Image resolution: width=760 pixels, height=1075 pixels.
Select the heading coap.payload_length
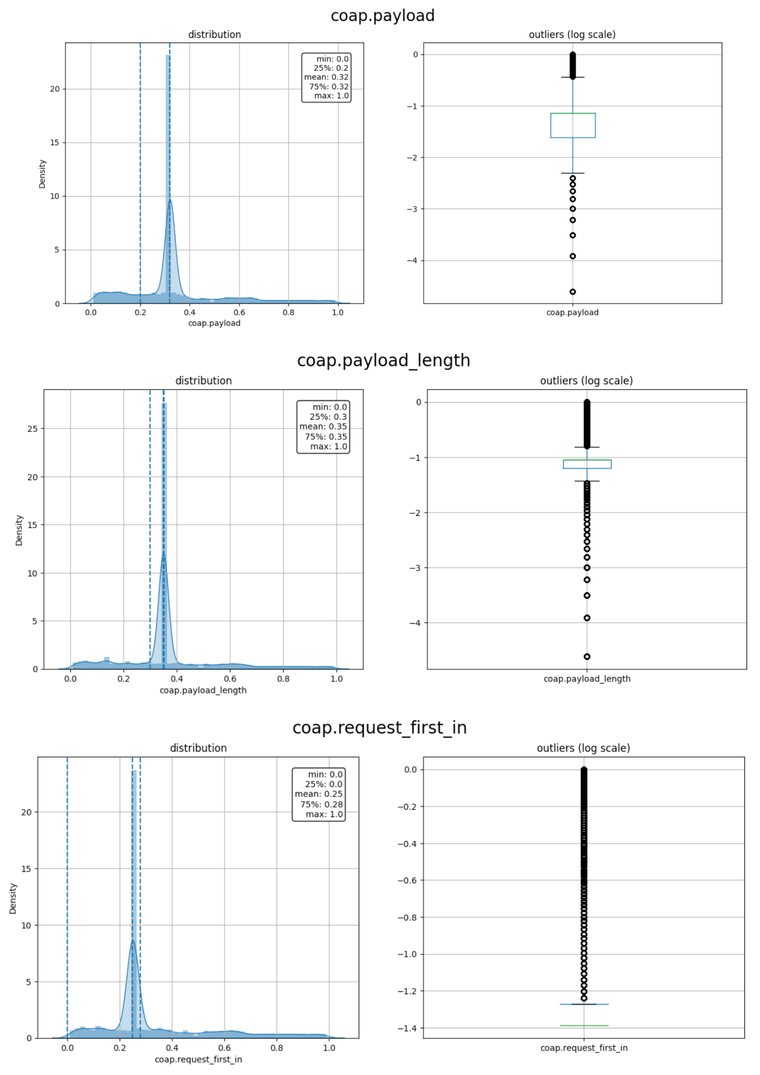383,360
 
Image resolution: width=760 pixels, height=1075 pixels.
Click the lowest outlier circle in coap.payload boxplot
573,292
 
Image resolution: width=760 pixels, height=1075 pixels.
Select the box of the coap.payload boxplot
573,126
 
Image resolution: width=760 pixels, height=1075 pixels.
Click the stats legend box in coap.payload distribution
326,77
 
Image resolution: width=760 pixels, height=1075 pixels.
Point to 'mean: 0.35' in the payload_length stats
323,426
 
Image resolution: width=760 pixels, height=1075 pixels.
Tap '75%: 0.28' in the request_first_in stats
321,804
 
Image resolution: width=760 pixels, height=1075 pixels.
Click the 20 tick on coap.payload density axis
55,89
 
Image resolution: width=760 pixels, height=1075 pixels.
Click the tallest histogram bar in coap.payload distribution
168,178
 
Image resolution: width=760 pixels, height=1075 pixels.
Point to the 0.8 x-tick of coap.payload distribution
289,312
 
